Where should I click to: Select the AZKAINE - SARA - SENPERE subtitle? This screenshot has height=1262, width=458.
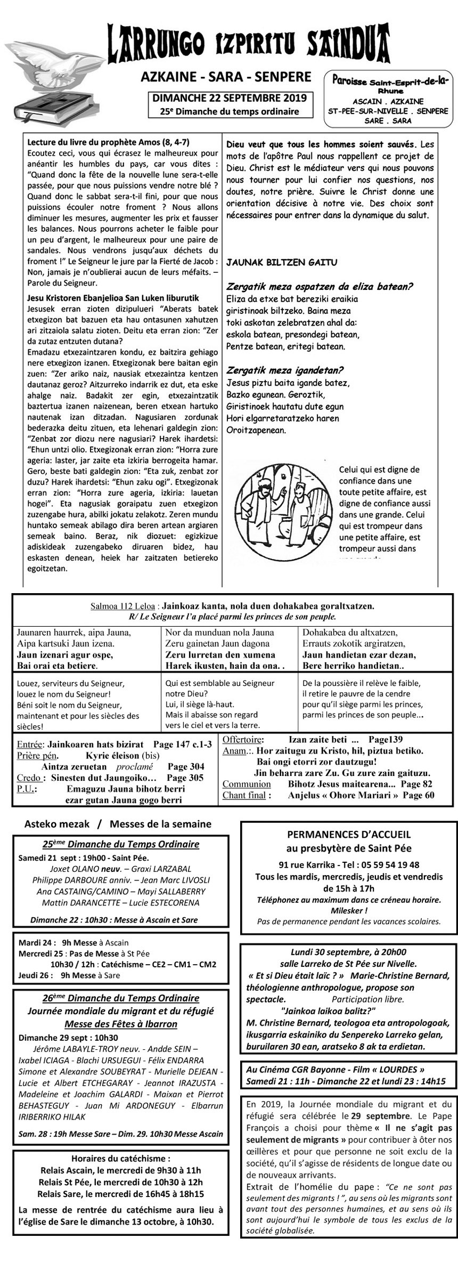tap(226, 77)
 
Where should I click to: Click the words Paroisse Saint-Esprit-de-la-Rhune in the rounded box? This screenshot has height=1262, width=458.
tap(389, 83)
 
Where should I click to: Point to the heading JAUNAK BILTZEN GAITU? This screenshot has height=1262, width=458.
tap(282, 263)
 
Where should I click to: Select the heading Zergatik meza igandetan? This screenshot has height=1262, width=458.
tap(285, 370)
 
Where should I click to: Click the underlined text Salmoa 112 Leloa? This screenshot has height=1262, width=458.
tap(123, 606)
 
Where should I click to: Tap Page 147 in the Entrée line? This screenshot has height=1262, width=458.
tap(168, 745)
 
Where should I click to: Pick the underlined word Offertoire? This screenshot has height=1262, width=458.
tap(243, 740)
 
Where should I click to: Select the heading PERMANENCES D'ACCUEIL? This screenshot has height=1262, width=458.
tap(349, 835)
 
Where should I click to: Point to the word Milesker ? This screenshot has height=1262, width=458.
tap(349, 911)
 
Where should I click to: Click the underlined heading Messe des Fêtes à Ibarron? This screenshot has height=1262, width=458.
tap(121, 1024)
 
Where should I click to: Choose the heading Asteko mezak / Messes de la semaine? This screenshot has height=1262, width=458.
tap(118, 824)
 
